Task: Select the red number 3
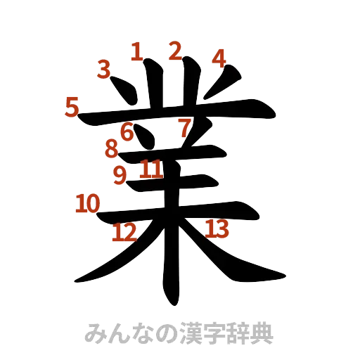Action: (x=104, y=69)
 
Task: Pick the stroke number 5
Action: (x=71, y=108)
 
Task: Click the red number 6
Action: (x=127, y=131)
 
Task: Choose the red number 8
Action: (x=111, y=149)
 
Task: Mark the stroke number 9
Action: (x=120, y=174)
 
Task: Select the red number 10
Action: (x=87, y=204)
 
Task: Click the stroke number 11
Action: (x=150, y=169)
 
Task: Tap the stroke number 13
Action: (x=217, y=227)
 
